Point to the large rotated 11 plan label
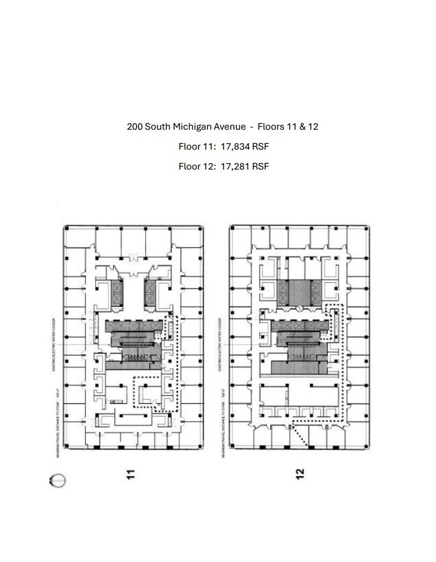129,474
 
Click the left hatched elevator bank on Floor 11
116,293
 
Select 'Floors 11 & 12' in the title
288,127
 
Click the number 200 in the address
134,127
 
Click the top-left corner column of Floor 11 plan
66,229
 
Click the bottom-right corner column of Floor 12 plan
367,446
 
